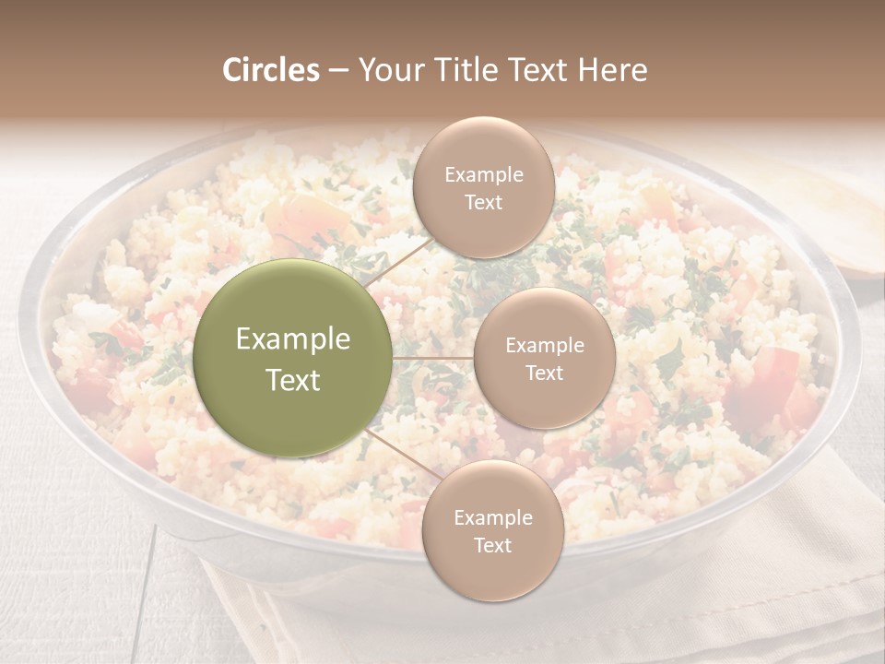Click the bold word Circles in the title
(x=270, y=70)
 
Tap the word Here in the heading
(x=612, y=70)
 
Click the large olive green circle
(x=293, y=358)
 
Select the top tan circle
(x=483, y=187)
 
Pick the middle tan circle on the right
(x=544, y=358)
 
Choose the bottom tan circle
(x=492, y=530)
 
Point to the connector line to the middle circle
(x=433, y=358)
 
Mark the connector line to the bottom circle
(x=397, y=451)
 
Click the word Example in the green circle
(x=293, y=339)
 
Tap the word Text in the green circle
(x=293, y=380)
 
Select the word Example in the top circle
(x=483, y=174)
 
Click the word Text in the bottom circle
(x=492, y=545)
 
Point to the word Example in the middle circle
(x=544, y=345)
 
